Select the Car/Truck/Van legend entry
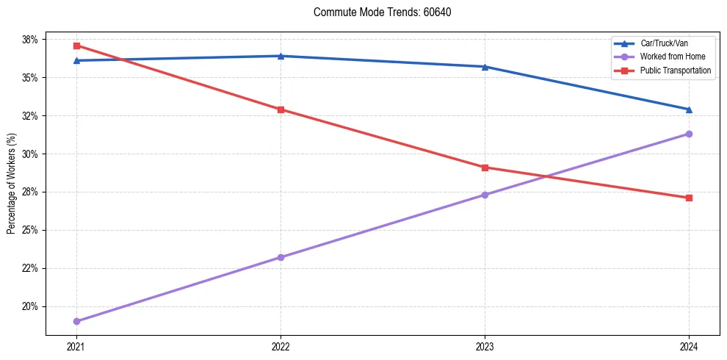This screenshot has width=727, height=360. click(x=664, y=43)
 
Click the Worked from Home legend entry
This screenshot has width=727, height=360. click(x=673, y=57)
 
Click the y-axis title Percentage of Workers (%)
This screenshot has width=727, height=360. click(x=12, y=184)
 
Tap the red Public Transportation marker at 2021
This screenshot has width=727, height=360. click(x=76, y=46)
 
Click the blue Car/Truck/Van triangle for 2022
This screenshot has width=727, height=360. click(x=281, y=56)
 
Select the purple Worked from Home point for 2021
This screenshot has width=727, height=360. click(x=76, y=321)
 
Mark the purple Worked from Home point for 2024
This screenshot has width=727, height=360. click(x=689, y=134)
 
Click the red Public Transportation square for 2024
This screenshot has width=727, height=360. click(x=689, y=198)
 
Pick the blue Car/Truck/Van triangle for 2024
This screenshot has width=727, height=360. click(x=689, y=109)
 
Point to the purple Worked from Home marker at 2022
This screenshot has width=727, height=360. click(x=281, y=257)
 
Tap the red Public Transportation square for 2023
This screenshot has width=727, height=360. click(x=485, y=168)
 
